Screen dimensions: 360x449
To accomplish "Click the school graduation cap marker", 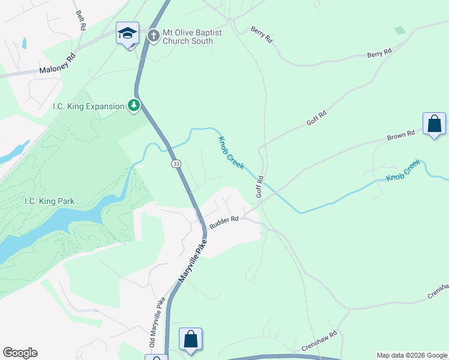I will pyautogui.click(x=127, y=34).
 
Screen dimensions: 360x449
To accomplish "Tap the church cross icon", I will pyautogui.click(x=153, y=36).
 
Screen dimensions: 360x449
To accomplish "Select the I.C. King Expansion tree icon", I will pyautogui.click(x=134, y=106).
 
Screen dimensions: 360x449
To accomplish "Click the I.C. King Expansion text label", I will pyautogui.click(x=88, y=106).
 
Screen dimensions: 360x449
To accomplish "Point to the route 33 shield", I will pyautogui.click(x=176, y=164).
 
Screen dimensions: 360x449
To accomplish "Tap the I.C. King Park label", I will pyautogui.click(x=49, y=201).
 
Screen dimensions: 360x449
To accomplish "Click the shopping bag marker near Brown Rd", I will pyautogui.click(x=434, y=124).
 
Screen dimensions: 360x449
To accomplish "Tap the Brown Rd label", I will pyautogui.click(x=401, y=135).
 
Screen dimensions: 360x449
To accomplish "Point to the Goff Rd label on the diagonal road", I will pyautogui.click(x=316, y=118).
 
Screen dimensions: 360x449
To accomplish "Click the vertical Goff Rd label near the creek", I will pyautogui.click(x=260, y=187).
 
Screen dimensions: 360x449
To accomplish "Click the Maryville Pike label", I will pyautogui.click(x=193, y=261).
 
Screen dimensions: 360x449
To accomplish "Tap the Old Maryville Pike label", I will pyautogui.click(x=156, y=322).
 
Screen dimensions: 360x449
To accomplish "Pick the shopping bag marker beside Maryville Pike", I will pyautogui.click(x=190, y=340).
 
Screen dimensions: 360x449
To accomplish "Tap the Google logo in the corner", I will pyautogui.click(x=20, y=353).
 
